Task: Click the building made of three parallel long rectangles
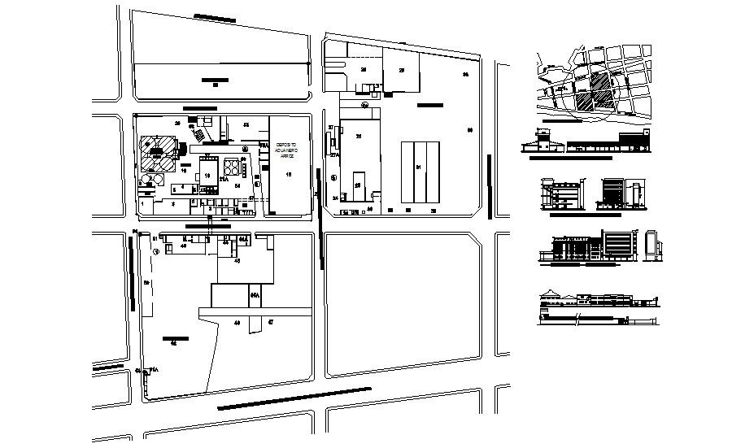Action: click(420, 172)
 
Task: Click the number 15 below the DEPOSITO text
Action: click(288, 174)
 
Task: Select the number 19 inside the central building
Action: click(208, 175)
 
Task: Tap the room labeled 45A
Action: click(255, 294)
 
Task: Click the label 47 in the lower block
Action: click(270, 323)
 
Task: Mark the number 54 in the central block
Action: click(237, 186)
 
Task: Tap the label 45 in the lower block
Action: click(237, 261)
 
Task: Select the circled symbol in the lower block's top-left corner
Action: click(157, 251)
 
